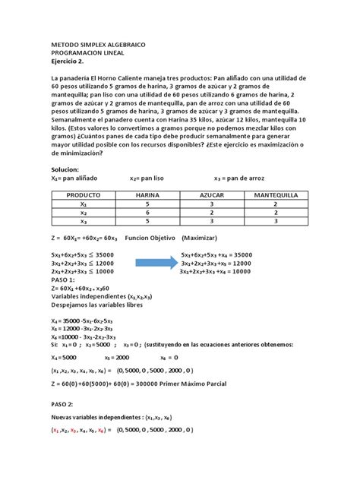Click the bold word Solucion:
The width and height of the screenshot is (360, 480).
tap(68, 169)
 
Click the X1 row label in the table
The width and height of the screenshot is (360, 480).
tap(84, 204)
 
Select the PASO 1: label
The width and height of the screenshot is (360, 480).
tap(63, 279)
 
